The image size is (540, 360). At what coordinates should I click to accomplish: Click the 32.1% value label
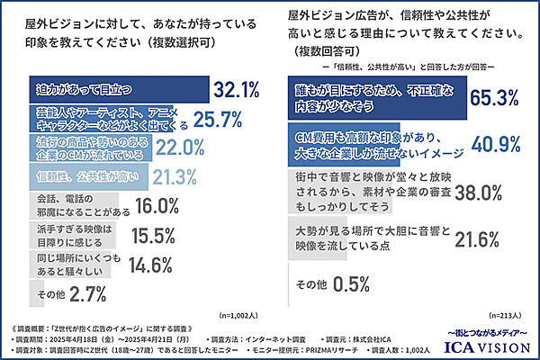pyautogui.click(x=237, y=89)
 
